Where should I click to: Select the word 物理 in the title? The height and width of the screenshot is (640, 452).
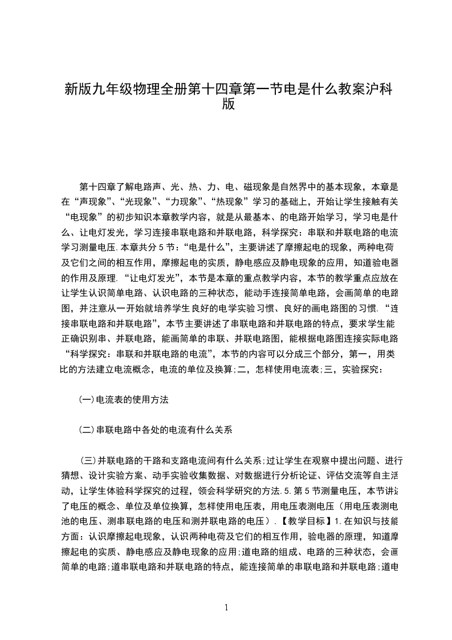[x=161, y=90]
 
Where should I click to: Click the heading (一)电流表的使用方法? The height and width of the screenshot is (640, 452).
[x=123, y=400]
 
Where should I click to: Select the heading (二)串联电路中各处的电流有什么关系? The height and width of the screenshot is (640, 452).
[x=156, y=430]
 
